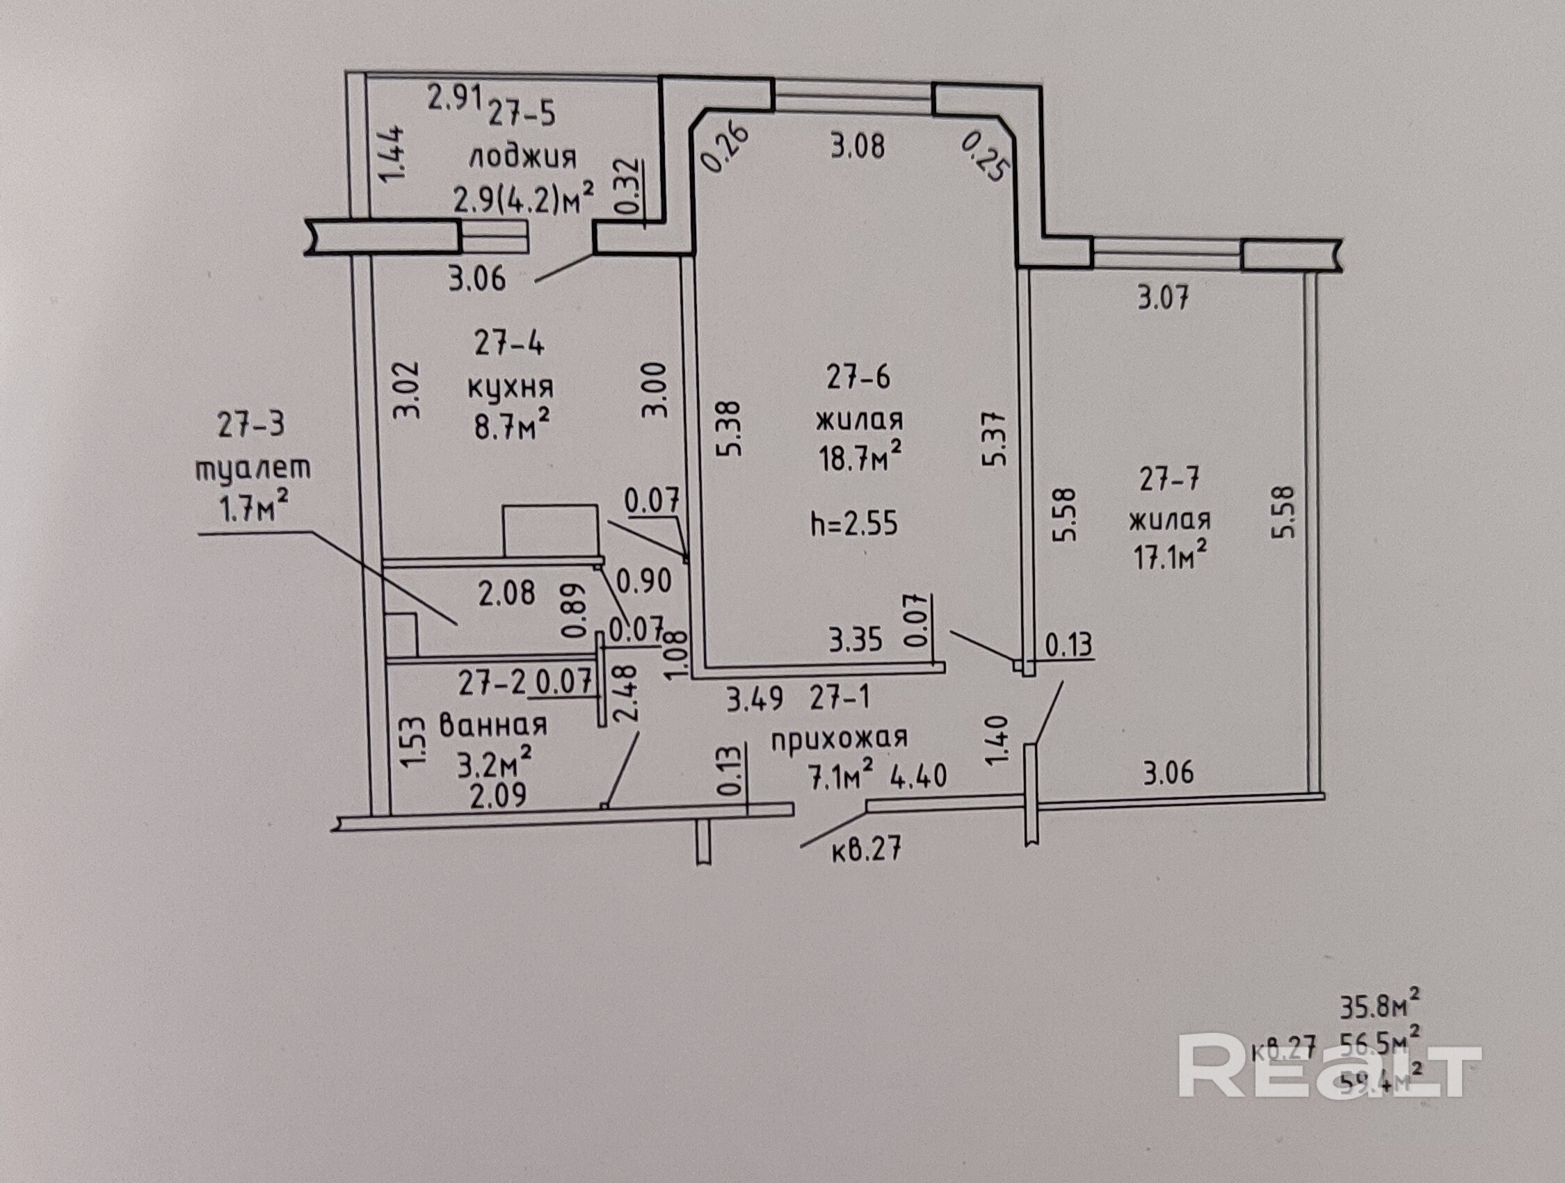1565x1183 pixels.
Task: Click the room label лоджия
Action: pyautogui.click(x=522, y=157)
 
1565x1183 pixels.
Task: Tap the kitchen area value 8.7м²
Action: pyautogui.click(x=511, y=426)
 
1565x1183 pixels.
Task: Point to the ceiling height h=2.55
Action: pyautogui.click(x=854, y=524)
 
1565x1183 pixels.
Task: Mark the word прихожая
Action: pyautogui.click(x=838, y=739)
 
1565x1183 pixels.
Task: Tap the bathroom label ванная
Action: pyautogui.click(x=493, y=725)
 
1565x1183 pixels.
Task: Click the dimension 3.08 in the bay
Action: pyautogui.click(x=858, y=147)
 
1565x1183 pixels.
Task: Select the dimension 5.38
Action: pyautogui.click(x=730, y=429)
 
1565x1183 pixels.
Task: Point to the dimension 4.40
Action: pyautogui.click(x=918, y=776)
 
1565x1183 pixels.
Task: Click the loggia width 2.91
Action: pyautogui.click(x=455, y=97)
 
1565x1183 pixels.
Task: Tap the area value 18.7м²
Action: pyautogui.click(x=860, y=458)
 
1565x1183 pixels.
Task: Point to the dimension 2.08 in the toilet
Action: pyautogui.click(x=506, y=593)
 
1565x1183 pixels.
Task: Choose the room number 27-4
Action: pyautogui.click(x=509, y=344)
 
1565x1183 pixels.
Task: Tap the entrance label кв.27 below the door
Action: pyautogui.click(x=866, y=849)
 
